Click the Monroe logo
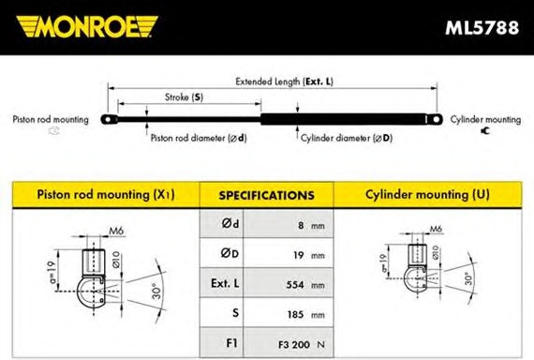pos(87,26)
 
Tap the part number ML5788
pos(482,27)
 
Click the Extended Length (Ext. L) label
pos(285,82)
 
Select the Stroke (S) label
pos(185,97)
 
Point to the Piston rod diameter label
pos(199,138)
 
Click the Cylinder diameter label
pos(347,138)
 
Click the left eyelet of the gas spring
pos(109,120)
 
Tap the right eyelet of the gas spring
pos(435,119)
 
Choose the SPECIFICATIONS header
pos(267,195)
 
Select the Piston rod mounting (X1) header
pos(106,194)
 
